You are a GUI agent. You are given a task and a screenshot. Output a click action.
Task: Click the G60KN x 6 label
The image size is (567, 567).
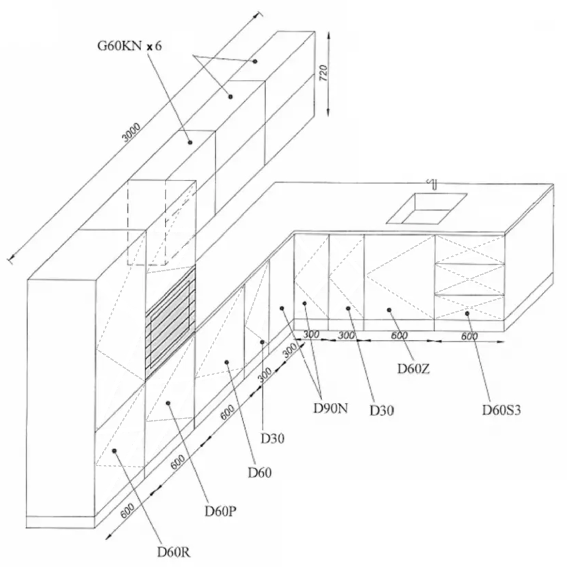tap(129, 47)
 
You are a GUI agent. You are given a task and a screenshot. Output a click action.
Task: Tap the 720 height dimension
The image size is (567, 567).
tap(324, 72)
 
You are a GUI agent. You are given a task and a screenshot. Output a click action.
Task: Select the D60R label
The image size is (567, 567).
tap(173, 552)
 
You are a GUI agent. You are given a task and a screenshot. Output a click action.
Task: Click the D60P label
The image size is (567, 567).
tap(220, 511)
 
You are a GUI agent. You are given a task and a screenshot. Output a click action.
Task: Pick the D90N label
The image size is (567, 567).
tap(330, 408)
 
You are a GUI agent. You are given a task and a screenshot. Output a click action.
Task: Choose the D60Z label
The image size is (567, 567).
tap(413, 369)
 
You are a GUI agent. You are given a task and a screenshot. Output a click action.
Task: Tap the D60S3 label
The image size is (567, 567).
tap(501, 410)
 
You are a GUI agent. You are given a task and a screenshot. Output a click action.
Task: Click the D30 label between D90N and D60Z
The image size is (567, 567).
tap(382, 410)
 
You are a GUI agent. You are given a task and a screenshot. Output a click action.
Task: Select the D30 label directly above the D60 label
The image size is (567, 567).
tap(273, 438)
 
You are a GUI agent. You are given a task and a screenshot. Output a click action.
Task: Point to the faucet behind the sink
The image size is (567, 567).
tap(434, 184)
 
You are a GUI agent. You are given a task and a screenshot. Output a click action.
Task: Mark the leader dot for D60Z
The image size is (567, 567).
tap(389, 310)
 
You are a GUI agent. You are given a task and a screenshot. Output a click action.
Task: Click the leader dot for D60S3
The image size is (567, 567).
tap(467, 314)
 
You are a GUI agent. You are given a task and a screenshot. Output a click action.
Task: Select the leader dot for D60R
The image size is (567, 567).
tap(114, 451)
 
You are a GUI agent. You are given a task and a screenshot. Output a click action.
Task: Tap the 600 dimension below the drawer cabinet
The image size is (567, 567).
tap(469, 336)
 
